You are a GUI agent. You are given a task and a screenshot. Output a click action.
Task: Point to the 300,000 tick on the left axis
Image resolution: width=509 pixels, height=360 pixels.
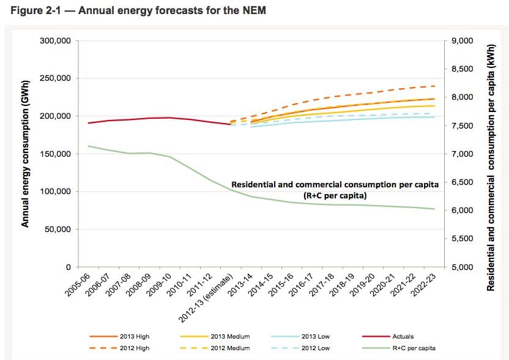pyautogui.click(x=56, y=41)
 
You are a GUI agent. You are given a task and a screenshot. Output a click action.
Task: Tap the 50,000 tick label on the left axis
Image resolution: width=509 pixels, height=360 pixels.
pyautogui.click(x=59, y=230)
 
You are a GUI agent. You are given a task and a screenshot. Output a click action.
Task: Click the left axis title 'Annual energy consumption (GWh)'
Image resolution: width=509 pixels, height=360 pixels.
pyautogui.click(x=26, y=154)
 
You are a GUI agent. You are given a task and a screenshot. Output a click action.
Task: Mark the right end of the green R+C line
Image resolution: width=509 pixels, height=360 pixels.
pyautogui.click(x=435, y=209)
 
